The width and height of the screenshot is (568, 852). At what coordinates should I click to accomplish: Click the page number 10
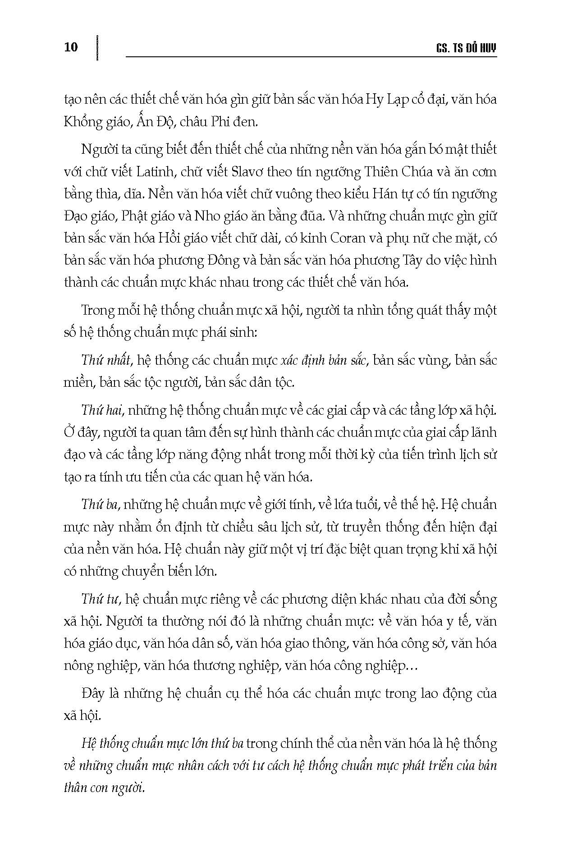(71, 47)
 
